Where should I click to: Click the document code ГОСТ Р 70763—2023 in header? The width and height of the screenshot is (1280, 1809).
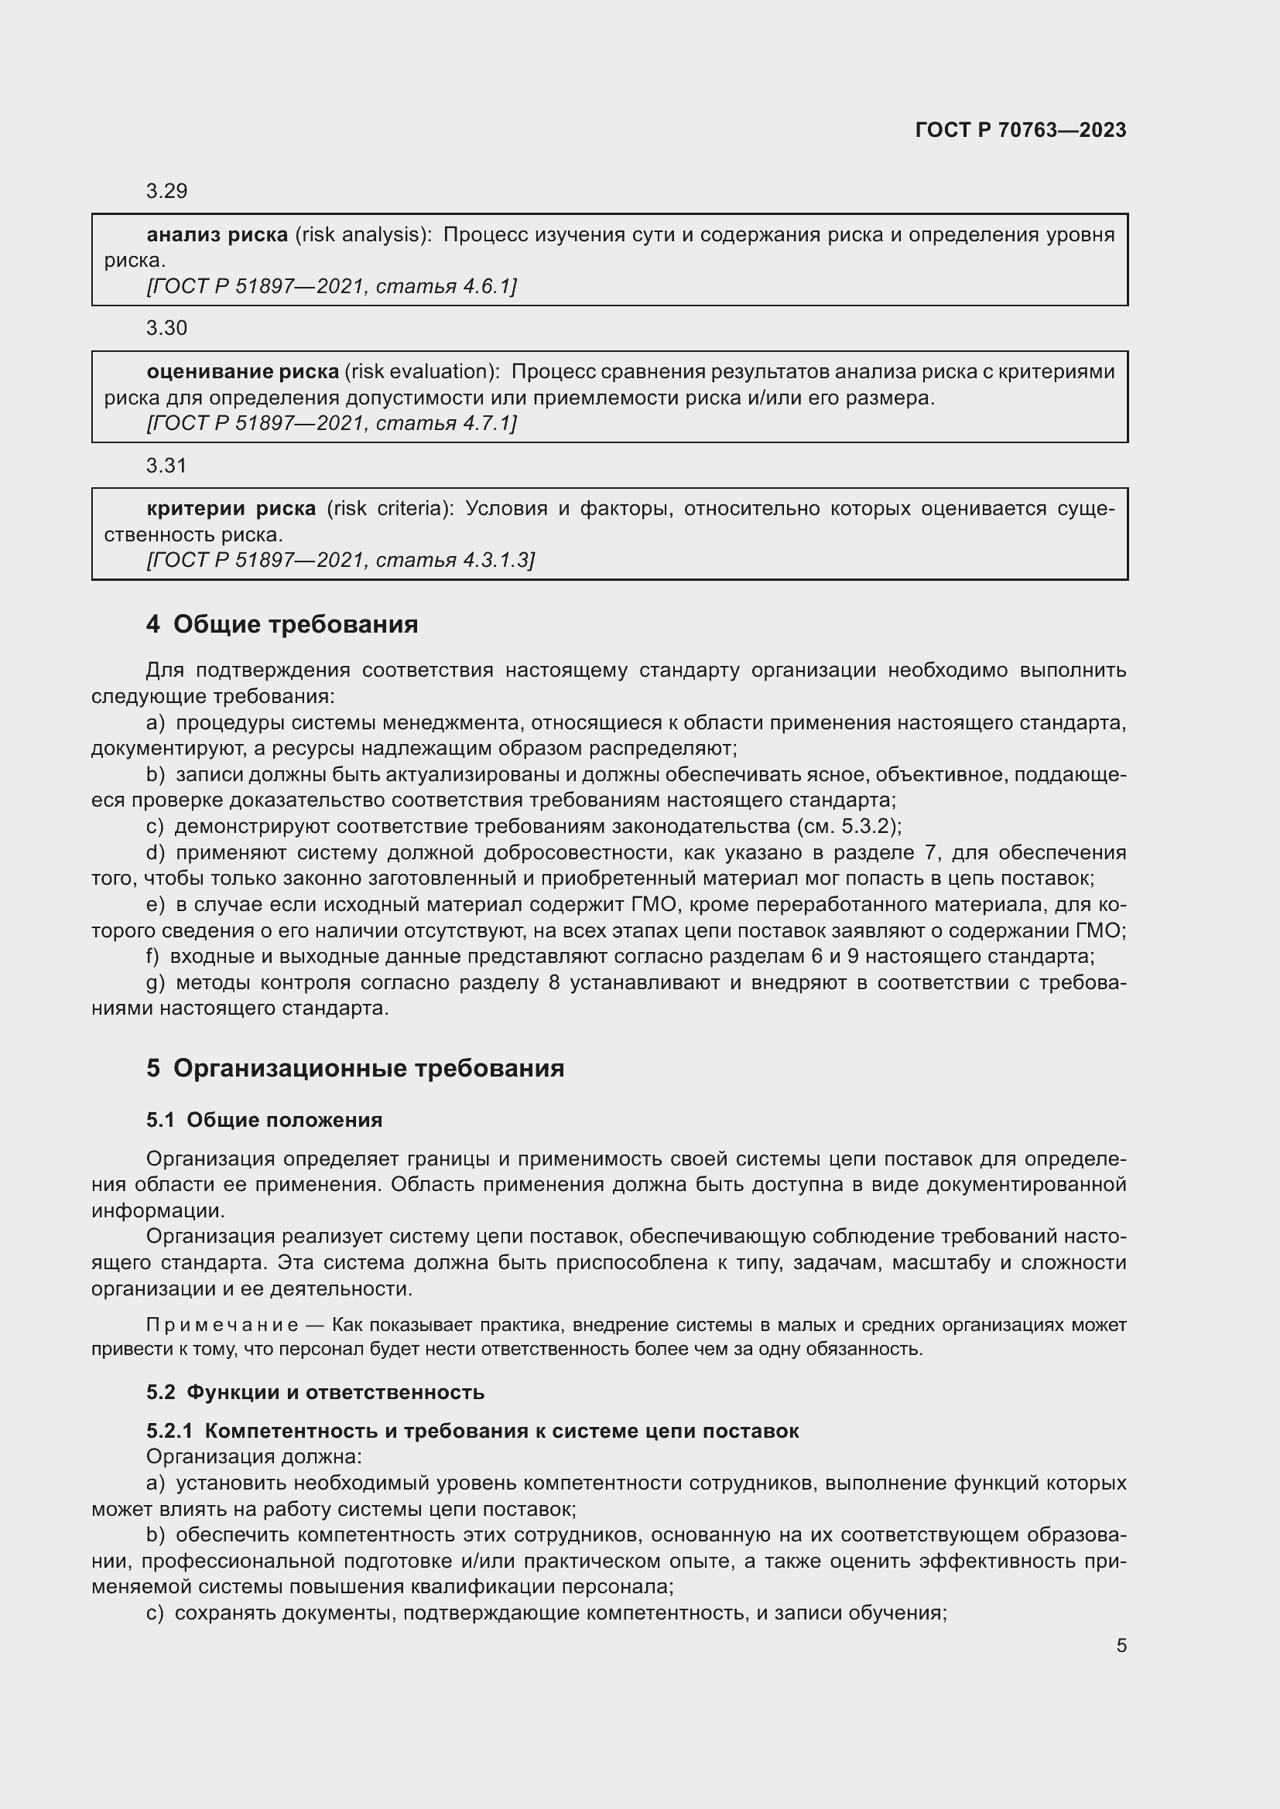click(x=1020, y=130)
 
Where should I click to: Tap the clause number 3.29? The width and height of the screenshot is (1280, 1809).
click(x=166, y=192)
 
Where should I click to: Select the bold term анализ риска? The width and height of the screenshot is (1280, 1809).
click(x=217, y=235)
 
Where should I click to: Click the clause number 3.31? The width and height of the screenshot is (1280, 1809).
click(x=166, y=466)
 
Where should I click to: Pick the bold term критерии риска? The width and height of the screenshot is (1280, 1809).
click(x=231, y=509)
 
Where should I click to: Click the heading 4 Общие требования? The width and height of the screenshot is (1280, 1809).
click(x=282, y=625)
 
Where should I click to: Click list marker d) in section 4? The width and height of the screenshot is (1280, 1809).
click(x=156, y=852)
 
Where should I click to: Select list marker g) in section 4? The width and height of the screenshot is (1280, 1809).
click(x=156, y=982)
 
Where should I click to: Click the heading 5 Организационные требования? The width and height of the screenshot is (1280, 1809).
click(x=354, y=1068)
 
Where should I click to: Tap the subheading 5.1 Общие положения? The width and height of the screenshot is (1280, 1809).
click(x=264, y=1121)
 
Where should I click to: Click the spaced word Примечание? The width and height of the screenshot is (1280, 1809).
click(x=222, y=1326)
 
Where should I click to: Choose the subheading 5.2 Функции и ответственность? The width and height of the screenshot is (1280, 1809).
click(x=315, y=1392)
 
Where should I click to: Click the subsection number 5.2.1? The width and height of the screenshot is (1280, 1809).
click(x=169, y=1431)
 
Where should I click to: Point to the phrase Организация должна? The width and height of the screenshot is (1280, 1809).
click(x=254, y=1457)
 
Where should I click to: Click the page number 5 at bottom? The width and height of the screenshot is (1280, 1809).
click(x=1121, y=1646)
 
